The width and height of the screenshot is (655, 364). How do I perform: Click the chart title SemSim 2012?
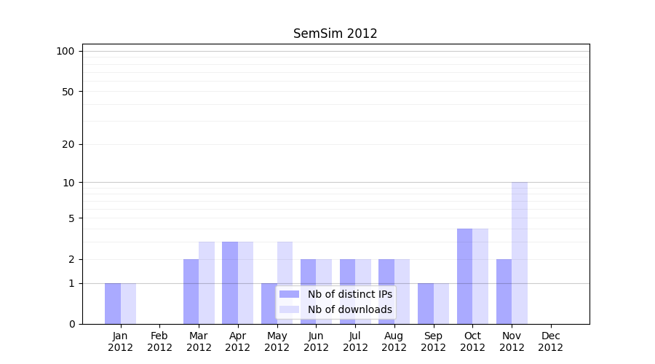click(335, 33)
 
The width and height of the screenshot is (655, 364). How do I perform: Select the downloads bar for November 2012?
click(520, 253)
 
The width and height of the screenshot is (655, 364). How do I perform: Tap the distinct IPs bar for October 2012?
click(465, 276)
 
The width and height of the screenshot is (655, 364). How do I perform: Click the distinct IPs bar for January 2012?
click(113, 304)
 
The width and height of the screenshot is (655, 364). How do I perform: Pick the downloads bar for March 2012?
click(207, 282)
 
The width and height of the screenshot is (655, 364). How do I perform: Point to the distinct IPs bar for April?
click(230, 282)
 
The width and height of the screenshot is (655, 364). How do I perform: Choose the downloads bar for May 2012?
click(285, 282)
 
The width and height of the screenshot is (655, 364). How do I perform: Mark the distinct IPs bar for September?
click(426, 304)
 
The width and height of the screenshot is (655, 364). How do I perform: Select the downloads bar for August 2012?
click(402, 291)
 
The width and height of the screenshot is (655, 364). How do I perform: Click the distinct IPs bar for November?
click(504, 291)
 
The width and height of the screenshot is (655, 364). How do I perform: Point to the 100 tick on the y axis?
click(65, 51)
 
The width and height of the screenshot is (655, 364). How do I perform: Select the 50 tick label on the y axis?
click(68, 92)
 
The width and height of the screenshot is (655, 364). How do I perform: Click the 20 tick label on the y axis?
click(68, 144)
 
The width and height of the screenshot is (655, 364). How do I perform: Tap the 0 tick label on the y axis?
click(71, 324)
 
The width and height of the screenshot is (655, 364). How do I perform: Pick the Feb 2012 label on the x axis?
click(159, 341)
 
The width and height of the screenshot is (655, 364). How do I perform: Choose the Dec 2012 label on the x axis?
click(550, 341)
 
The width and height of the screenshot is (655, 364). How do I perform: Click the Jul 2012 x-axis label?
click(355, 341)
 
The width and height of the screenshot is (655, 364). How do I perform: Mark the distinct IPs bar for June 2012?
click(309, 291)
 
